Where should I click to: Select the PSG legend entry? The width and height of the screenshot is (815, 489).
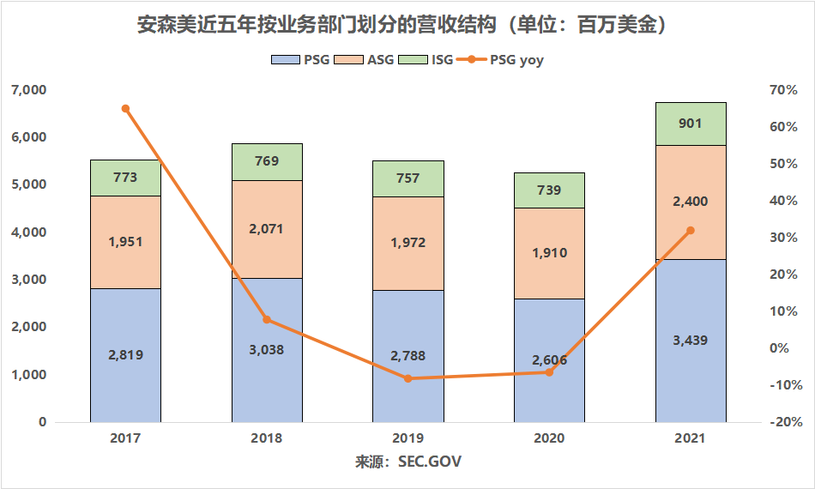click(295, 60)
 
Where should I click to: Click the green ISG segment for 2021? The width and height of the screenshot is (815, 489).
click(691, 124)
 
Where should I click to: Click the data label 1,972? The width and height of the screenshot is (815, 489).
click(407, 243)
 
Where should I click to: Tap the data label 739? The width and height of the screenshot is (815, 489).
click(549, 190)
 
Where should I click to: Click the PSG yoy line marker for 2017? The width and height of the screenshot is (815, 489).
click(125, 109)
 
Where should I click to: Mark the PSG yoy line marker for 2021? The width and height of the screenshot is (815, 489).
click(691, 230)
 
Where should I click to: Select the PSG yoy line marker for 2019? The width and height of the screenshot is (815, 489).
click(407, 378)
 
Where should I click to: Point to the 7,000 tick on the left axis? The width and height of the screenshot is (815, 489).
click(29, 90)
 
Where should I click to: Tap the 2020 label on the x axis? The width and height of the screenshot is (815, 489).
click(549, 438)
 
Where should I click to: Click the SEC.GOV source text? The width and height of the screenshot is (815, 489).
click(430, 462)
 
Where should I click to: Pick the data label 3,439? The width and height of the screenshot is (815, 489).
click(691, 341)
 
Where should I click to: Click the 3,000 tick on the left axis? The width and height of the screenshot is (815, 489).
click(29, 280)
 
